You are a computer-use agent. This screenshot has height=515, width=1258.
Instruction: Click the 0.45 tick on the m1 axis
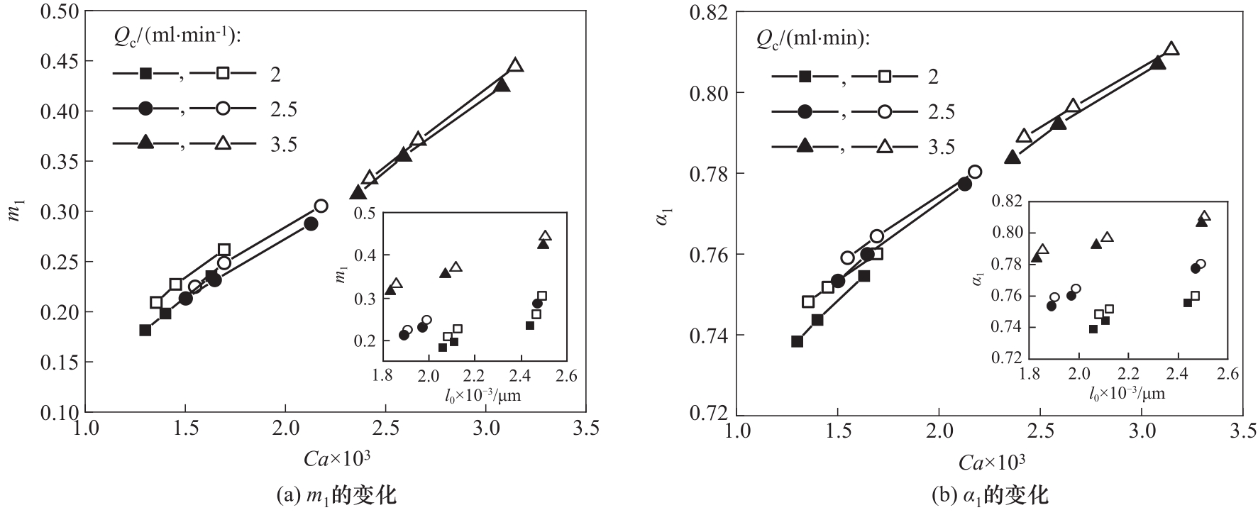[x=63, y=62]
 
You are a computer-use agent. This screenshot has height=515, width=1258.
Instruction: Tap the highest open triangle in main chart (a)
[x=516, y=65]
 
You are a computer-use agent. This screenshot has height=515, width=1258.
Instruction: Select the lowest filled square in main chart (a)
[x=145, y=330]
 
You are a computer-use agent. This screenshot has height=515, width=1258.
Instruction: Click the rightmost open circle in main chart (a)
[x=321, y=206]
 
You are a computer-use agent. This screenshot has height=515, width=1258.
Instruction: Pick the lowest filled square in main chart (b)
[x=797, y=341]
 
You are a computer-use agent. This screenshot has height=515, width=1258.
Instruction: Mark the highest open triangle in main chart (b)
[x=1171, y=49]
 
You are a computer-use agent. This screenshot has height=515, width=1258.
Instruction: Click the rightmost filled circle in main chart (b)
[x=964, y=184]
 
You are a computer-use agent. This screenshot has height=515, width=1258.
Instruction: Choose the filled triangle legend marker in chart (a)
[x=145, y=143]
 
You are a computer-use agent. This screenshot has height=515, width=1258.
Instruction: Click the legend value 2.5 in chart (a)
[x=283, y=109]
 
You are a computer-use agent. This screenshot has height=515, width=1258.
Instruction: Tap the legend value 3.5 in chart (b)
[x=941, y=147]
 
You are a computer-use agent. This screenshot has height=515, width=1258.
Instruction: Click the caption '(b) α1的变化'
[x=990, y=494]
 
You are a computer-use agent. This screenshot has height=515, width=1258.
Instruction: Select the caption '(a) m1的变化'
[x=336, y=494]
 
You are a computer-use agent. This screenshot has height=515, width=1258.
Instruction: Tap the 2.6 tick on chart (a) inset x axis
[x=567, y=375]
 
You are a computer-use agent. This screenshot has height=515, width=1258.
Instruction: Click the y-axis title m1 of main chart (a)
[x=16, y=211]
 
